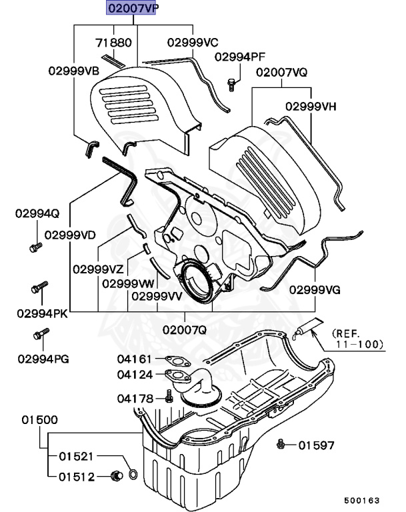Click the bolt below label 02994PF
231,84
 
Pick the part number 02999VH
311,106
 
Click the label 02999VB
73,70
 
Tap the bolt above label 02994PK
38,290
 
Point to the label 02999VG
315,291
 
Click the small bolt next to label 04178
169,398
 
